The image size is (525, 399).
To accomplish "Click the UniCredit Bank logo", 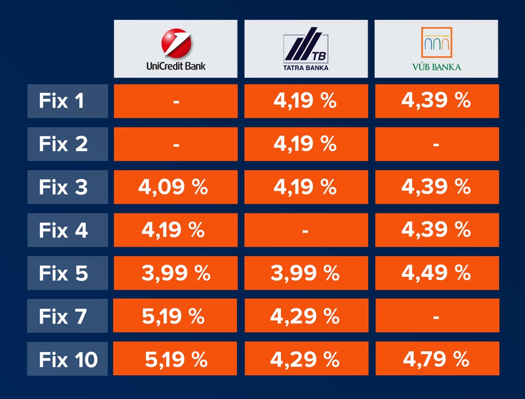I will click(175, 49).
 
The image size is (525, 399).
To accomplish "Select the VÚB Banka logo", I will click(436, 49).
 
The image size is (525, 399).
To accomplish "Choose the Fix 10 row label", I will click(68, 360).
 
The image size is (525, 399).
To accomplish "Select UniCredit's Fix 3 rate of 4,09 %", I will click(173, 187).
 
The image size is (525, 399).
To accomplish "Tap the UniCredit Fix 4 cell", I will click(173, 230).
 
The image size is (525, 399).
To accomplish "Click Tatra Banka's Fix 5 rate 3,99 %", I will click(305, 273).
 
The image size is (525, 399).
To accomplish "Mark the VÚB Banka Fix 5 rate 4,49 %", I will click(436, 273).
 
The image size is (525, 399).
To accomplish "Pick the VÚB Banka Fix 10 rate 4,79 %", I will click(436, 360).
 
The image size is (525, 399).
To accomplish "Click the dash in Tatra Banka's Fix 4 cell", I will click(306, 231).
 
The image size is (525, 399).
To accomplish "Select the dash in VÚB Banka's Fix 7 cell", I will click(436, 317).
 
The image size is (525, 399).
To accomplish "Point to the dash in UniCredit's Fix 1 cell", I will click(176, 102).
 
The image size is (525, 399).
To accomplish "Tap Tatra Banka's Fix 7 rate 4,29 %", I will click(305, 316).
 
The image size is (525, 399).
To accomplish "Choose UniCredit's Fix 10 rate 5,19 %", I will click(176, 360).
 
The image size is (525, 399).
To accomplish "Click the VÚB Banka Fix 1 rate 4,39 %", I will click(436, 101).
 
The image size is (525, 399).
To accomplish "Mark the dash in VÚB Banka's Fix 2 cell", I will click(436, 145).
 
